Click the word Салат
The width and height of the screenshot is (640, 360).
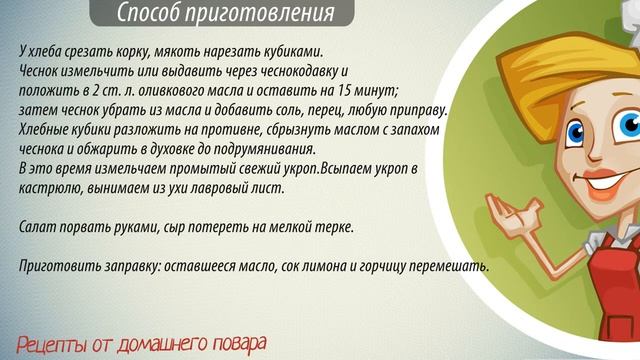[x=37, y=228]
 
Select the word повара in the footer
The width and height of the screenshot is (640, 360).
[x=240, y=344]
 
